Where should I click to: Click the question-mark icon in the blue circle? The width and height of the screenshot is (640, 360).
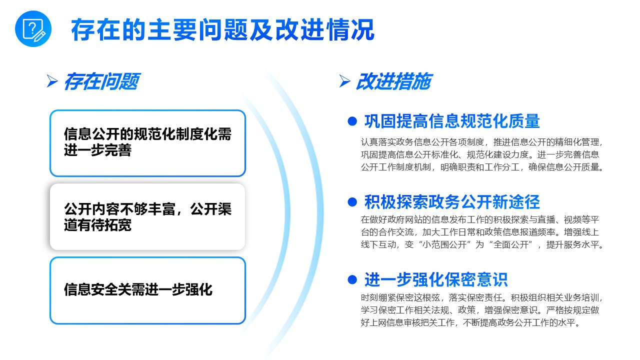[x=33, y=28]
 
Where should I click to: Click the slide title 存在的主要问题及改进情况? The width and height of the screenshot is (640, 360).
[x=222, y=29]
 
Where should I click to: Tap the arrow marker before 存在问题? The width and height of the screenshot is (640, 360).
[x=52, y=81]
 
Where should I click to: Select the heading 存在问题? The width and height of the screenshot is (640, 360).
[x=102, y=81]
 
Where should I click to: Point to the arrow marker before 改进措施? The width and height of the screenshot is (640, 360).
[x=345, y=81]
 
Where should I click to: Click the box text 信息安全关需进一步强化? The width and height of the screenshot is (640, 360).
[x=138, y=289]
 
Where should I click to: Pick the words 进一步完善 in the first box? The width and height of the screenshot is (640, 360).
[x=97, y=150]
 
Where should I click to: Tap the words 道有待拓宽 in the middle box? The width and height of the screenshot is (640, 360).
[x=97, y=225]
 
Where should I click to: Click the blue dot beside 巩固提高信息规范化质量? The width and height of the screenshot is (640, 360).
[x=352, y=121]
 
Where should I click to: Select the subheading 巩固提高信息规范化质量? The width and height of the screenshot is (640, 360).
[x=452, y=121]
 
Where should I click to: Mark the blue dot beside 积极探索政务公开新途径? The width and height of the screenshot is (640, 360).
[x=352, y=202]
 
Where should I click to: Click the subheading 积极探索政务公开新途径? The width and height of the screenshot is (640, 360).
[x=452, y=202]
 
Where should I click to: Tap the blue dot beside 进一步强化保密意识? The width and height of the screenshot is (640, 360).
[x=352, y=279]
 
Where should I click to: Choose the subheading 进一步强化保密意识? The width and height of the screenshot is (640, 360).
[x=436, y=279]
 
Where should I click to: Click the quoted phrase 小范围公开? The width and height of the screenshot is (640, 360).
[x=444, y=245]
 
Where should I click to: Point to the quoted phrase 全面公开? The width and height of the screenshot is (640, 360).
[x=511, y=245]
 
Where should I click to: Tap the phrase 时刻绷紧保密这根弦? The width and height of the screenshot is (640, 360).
[x=400, y=297]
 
